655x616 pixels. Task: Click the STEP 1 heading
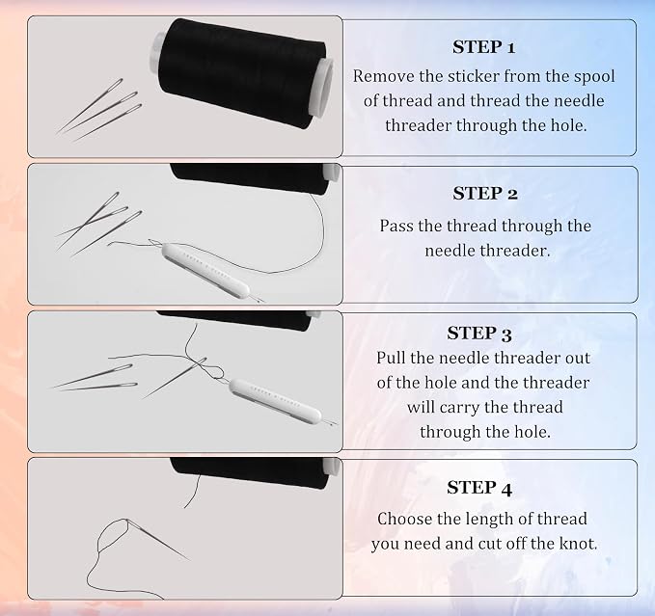483,47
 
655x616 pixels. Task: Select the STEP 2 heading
485,194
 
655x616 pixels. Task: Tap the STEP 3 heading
479,334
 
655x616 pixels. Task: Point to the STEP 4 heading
479,488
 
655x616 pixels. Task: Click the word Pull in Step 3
391,358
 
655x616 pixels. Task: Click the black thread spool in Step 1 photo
241,74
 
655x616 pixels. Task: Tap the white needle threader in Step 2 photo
205,269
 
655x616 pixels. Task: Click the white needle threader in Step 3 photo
275,401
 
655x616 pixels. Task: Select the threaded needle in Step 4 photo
156,540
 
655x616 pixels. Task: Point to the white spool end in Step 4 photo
333,467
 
